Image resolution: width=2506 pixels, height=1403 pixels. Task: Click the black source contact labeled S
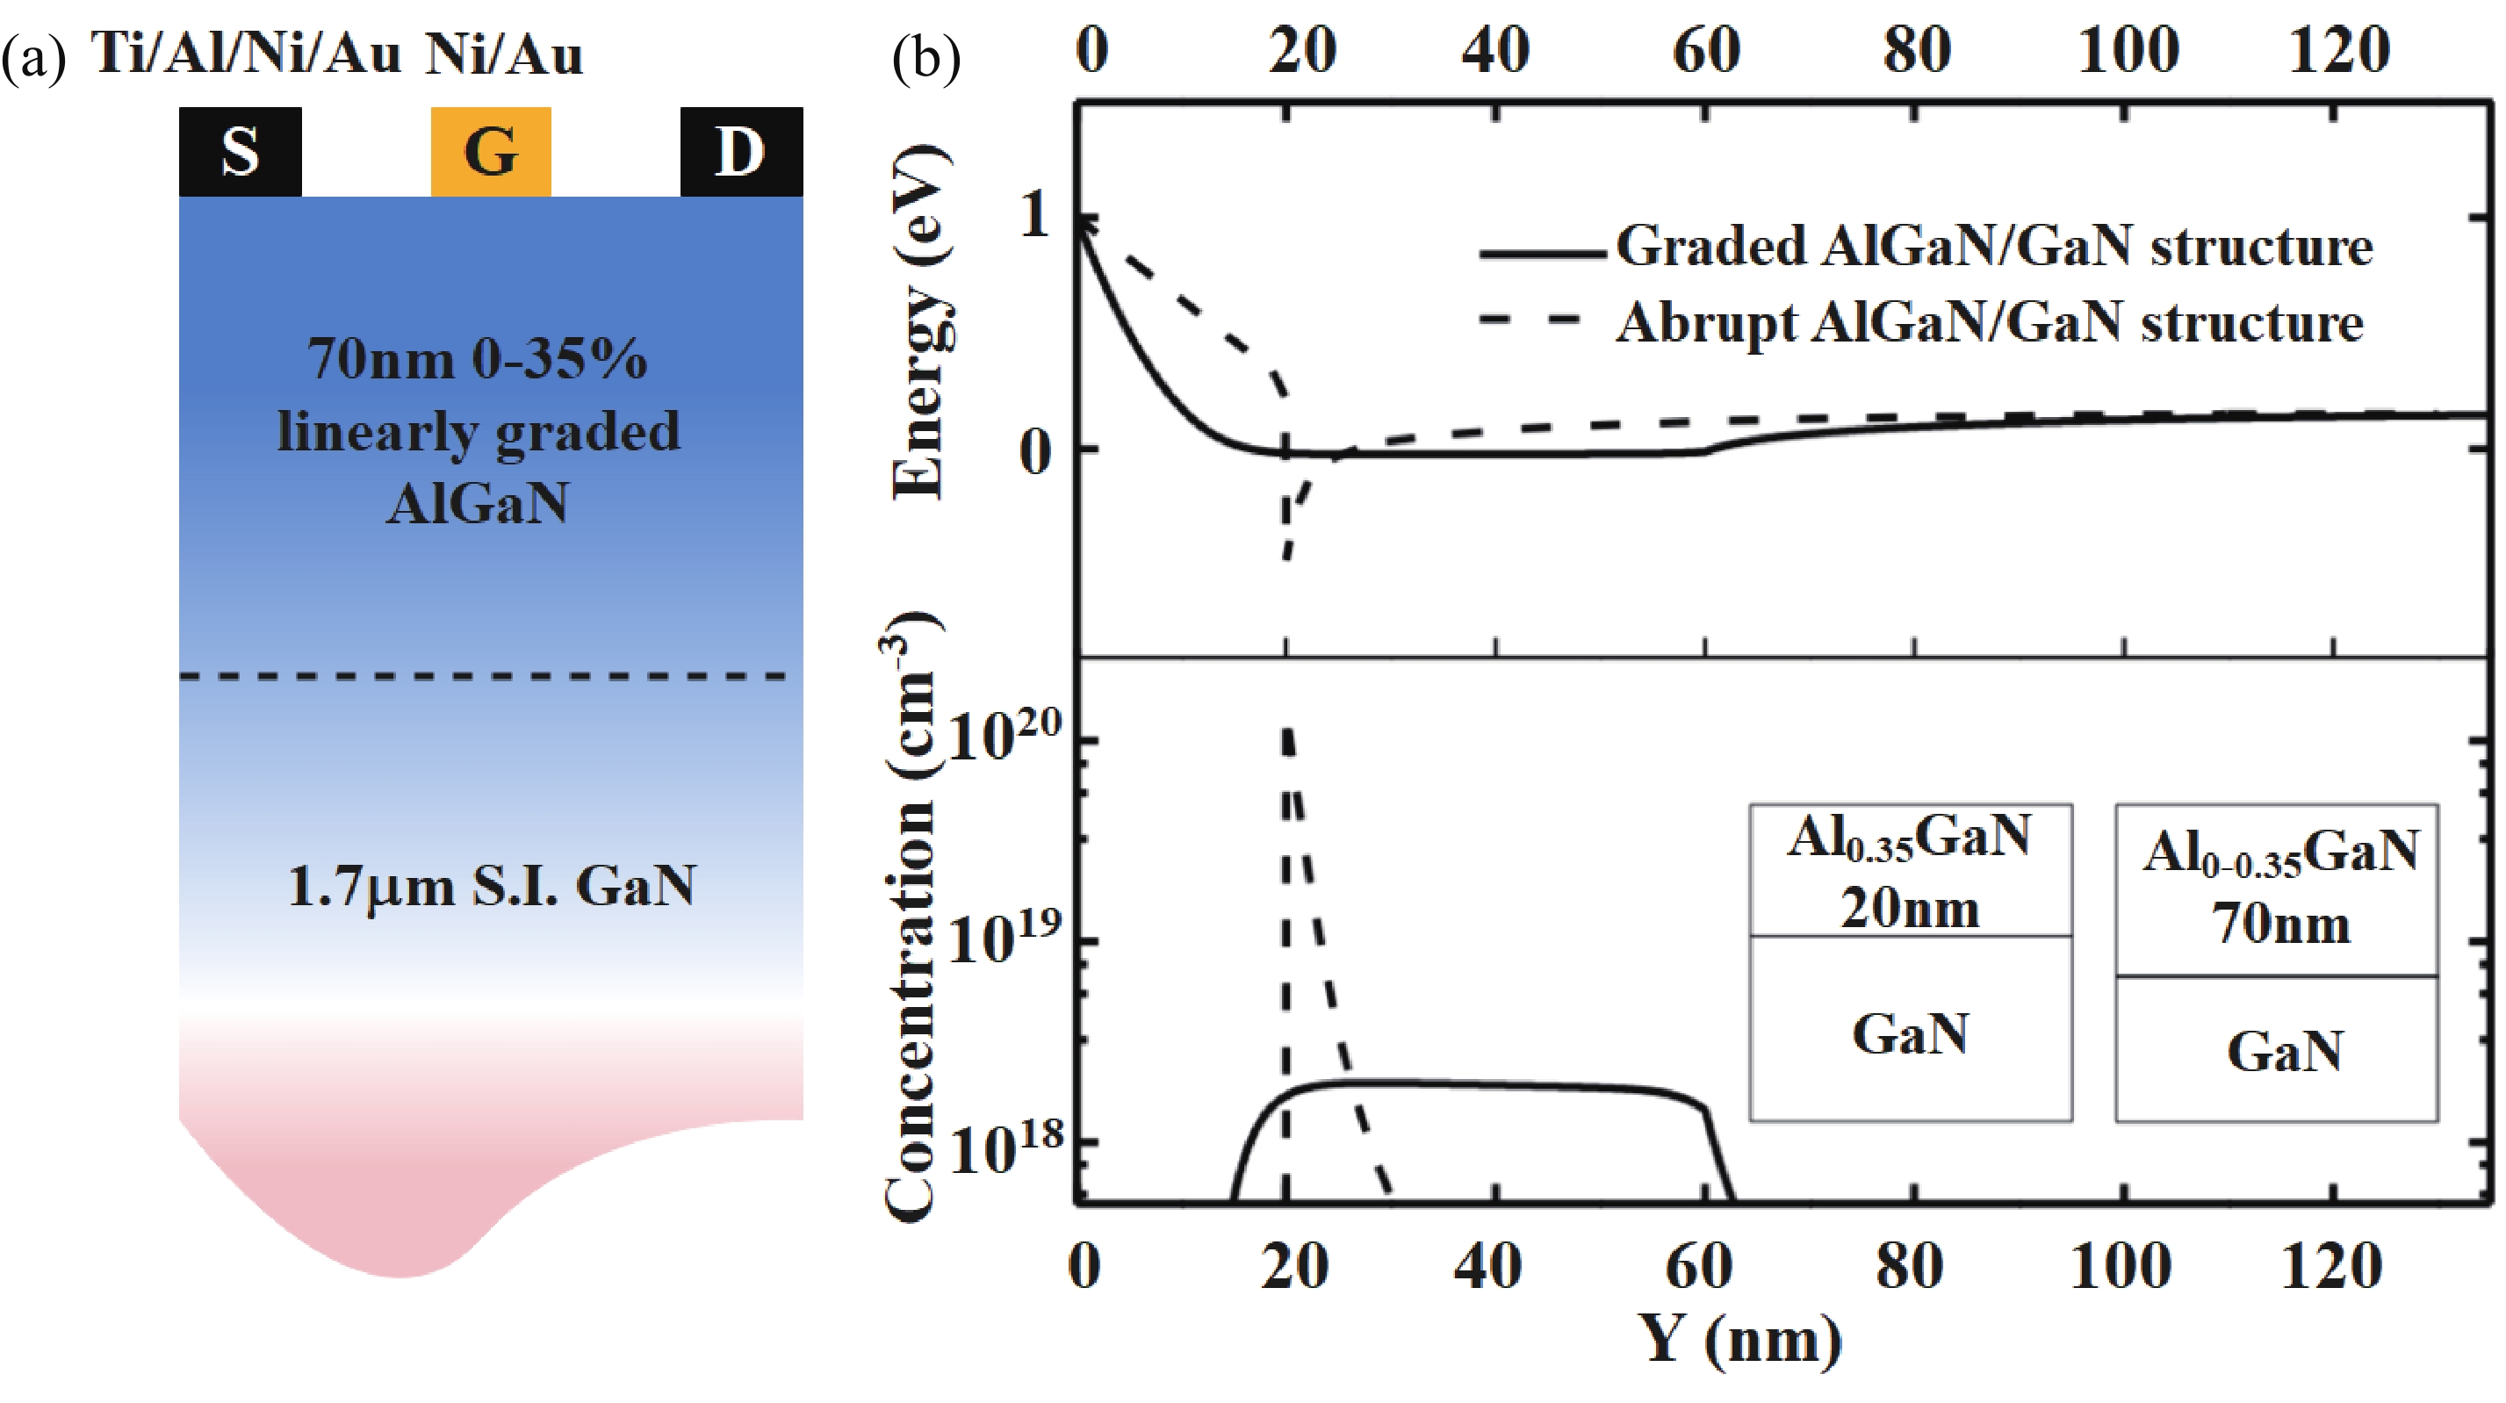click(240, 152)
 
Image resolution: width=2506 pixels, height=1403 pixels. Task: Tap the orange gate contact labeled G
click(490, 152)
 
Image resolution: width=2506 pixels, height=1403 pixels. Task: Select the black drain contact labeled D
click(740, 152)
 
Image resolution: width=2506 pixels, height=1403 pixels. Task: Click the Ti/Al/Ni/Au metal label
click(246, 53)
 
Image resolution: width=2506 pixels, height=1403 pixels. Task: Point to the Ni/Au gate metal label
click(504, 53)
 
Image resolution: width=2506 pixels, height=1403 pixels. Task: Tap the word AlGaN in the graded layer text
click(478, 504)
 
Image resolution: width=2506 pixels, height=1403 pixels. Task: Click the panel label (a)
click(33, 58)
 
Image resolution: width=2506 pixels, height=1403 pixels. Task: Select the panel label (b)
click(925, 58)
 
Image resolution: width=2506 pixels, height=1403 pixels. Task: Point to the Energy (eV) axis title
click(918, 321)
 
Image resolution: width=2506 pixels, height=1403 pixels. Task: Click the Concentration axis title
click(909, 915)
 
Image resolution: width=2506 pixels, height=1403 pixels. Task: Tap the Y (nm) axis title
click(1739, 1340)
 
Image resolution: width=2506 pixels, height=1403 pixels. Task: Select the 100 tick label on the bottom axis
click(2121, 1267)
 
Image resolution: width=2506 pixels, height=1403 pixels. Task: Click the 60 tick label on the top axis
click(1706, 51)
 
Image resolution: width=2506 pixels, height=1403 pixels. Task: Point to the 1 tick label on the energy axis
click(1034, 215)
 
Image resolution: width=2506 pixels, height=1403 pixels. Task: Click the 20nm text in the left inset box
click(1910, 909)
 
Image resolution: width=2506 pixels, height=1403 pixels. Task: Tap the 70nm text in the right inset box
click(2281, 924)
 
